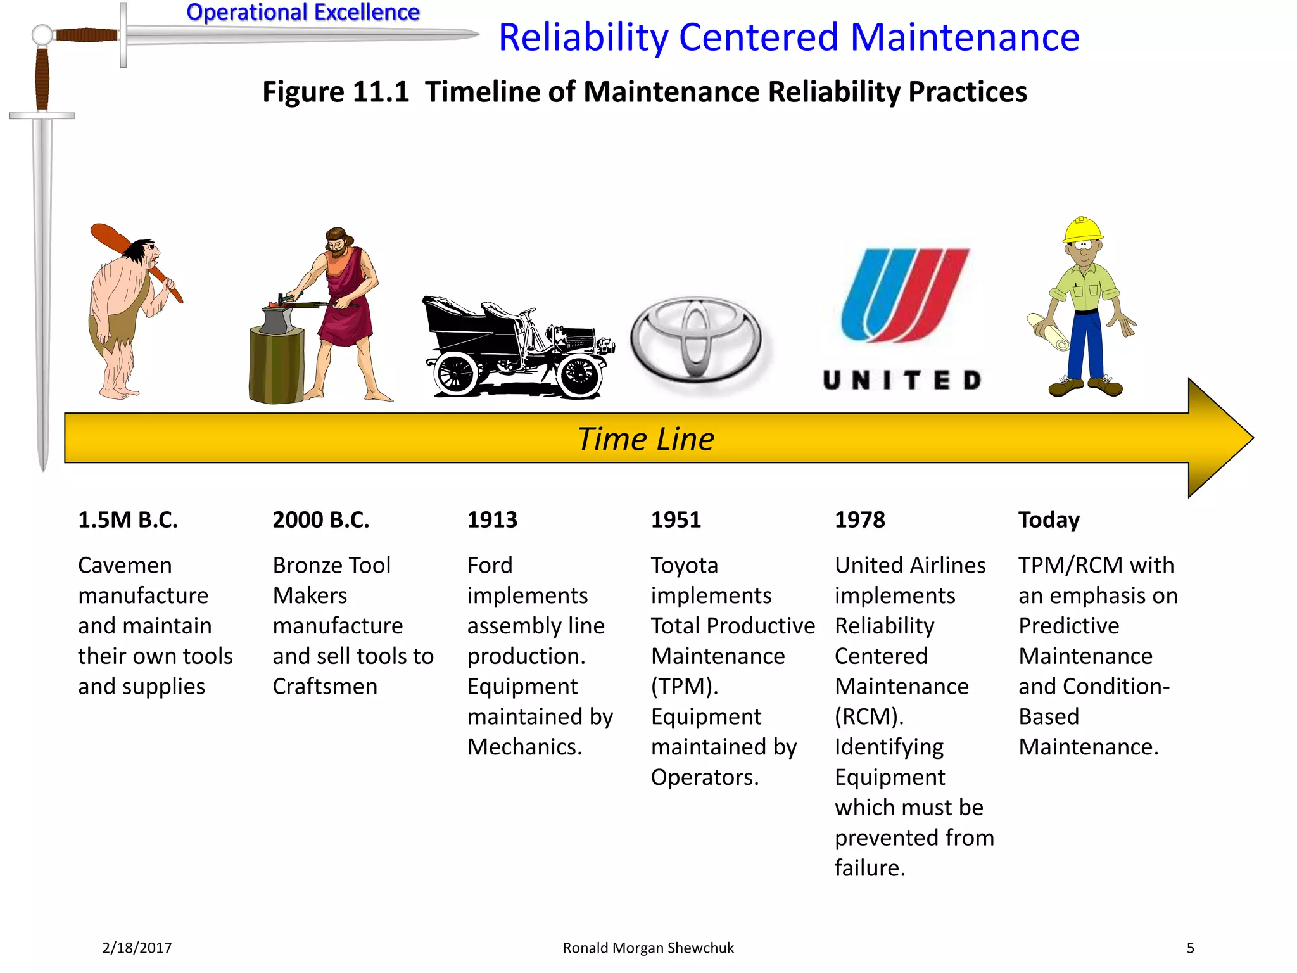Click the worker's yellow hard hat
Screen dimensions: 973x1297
point(1082,229)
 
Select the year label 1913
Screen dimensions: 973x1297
point(492,520)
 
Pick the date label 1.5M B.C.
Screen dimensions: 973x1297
point(128,520)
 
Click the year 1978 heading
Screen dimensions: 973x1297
point(859,520)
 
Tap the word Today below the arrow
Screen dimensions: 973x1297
point(1049,520)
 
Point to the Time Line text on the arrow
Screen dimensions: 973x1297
point(645,439)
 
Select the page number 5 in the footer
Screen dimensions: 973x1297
point(1190,948)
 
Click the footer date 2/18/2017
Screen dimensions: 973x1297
point(137,948)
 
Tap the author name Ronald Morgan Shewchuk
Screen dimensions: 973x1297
point(648,948)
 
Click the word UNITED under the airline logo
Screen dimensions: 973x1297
point(902,380)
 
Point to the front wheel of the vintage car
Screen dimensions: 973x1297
point(579,375)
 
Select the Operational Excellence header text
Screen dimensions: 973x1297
point(303,12)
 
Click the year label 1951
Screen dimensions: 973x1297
point(676,520)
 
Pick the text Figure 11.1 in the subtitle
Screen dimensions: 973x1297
point(336,92)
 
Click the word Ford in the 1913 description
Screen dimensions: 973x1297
point(490,565)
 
